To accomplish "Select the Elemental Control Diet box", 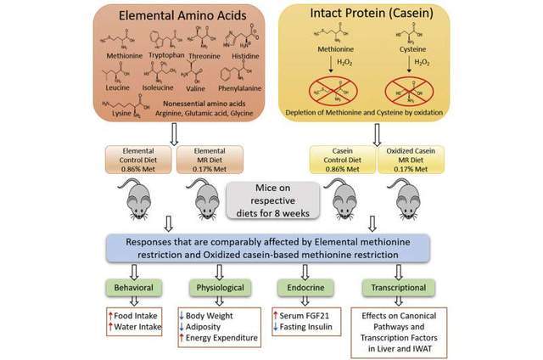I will coord(139,160).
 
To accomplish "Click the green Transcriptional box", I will coord(395,287).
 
